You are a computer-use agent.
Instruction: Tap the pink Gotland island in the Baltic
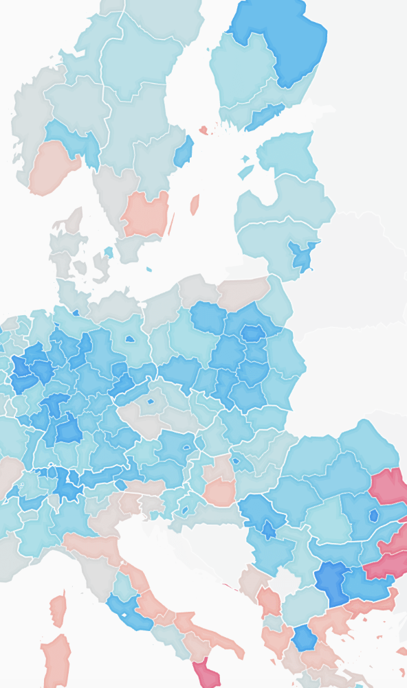195,204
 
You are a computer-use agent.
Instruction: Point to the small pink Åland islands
203,129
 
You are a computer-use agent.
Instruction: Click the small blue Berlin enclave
129,339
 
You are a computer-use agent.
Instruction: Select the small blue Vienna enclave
186,447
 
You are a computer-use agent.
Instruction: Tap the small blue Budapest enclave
236,460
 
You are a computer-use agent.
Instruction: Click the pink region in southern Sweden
146,213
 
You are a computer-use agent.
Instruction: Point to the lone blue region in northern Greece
305,638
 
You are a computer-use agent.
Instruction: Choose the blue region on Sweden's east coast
183,152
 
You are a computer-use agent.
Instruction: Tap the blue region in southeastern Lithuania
301,255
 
